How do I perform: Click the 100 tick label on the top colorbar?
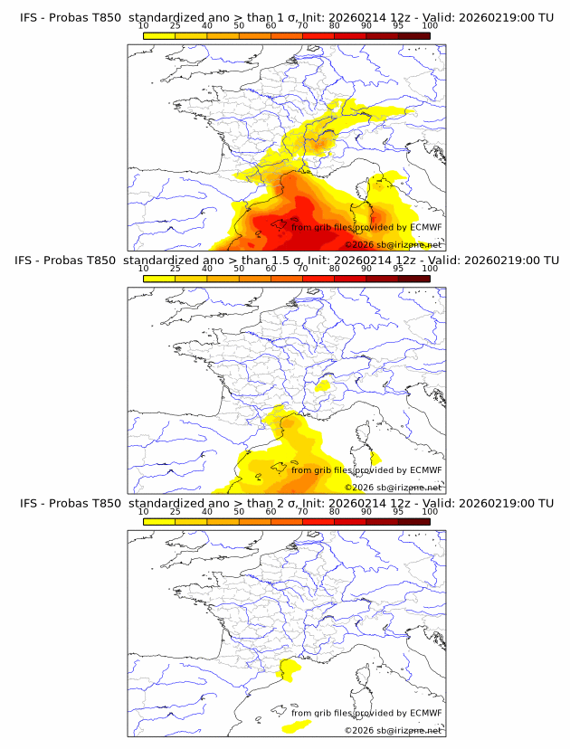(430, 25)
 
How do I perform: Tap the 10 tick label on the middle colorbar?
(143, 268)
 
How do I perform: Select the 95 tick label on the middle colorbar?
(398, 268)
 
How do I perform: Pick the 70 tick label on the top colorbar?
(302, 25)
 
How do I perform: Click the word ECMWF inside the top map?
(425, 228)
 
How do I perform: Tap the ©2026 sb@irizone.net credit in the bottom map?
(393, 730)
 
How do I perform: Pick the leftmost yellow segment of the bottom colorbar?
(159, 520)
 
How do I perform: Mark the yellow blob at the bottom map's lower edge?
(296, 725)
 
